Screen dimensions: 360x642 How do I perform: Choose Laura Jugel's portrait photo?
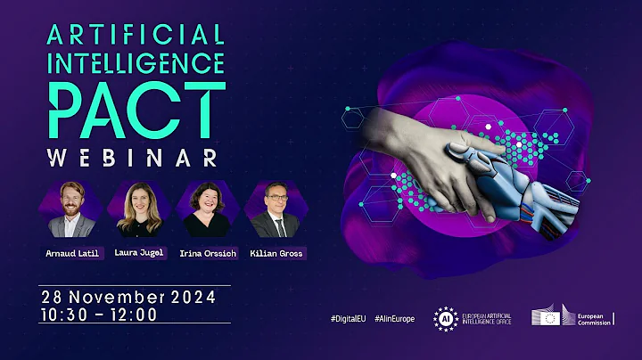point(139,210)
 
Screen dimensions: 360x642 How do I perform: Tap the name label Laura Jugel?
point(140,253)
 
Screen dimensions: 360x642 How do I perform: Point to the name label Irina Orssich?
point(206,253)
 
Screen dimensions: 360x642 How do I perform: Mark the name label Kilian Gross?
point(276,253)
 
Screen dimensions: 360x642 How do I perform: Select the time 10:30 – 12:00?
point(98,314)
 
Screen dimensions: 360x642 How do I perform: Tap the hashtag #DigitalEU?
point(348,319)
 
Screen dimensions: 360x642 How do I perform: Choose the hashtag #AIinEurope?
point(394,319)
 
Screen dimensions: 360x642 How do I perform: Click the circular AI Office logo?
point(446,318)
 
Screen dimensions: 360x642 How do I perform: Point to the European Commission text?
point(594,318)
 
